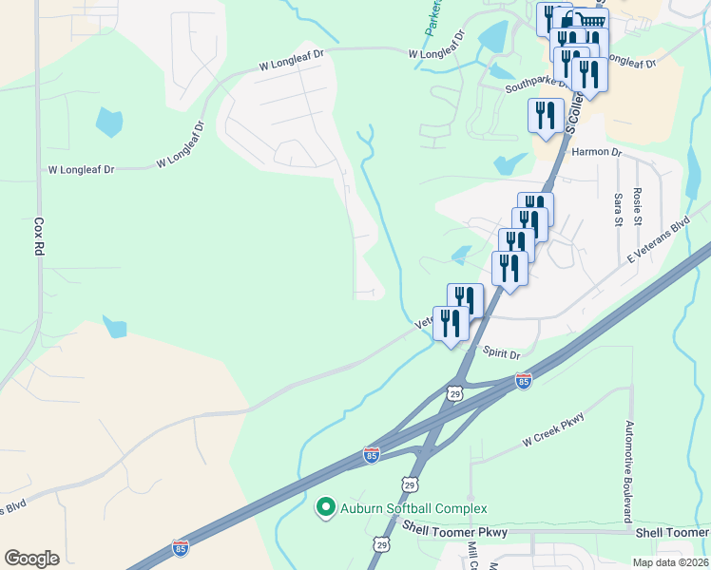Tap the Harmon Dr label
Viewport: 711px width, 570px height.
tap(596, 152)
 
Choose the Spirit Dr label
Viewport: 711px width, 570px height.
tap(502, 353)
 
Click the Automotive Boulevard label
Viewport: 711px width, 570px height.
tap(628, 472)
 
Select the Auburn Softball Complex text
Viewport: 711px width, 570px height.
tap(414, 509)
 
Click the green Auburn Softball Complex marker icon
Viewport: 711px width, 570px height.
tap(326, 507)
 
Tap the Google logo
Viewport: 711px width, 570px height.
tap(31, 559)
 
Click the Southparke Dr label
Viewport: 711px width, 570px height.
tap(536, 85)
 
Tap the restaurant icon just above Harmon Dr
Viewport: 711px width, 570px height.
tap(546, 116)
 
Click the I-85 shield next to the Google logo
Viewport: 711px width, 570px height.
tap(181, 547)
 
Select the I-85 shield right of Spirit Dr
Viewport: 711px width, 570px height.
tap(523, 381)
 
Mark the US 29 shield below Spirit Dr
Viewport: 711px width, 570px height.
tap(455, 391)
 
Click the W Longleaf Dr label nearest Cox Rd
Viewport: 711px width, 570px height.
tap(81, 169)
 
